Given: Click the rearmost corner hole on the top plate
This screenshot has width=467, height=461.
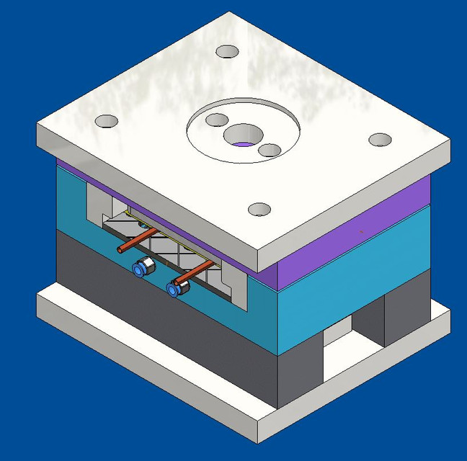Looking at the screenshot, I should point(227,52).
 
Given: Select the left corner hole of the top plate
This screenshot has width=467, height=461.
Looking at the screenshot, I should point(106,121).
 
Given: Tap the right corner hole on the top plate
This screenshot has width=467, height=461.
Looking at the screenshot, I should point(380,140).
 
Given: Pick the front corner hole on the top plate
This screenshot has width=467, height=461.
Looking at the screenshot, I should point(259,210).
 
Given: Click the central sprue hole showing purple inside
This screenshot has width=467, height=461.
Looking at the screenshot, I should point(243,137).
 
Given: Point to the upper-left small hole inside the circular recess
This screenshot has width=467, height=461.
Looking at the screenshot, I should point(216,120).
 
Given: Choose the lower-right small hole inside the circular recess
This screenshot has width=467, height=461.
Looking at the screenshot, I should point(269,150).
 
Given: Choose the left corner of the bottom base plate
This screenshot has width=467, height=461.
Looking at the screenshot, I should point(40,303).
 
